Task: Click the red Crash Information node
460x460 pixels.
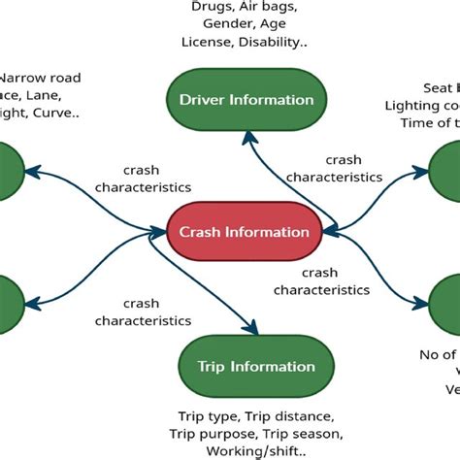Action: pos(244,231)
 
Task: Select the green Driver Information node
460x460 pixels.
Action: pos(246,100)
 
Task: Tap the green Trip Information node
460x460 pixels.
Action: pos(256,367)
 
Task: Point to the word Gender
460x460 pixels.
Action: pos(221,24)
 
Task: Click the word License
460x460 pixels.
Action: pos(207,42)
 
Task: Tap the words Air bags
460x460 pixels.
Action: pos(271,7)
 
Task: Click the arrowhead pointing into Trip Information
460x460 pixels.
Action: pos(254,333)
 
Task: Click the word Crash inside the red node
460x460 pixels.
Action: pos(200,231)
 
